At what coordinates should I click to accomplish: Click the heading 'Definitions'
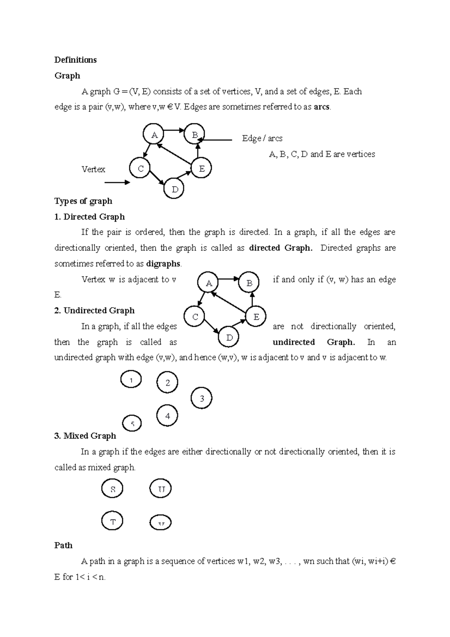[x=75, y=60]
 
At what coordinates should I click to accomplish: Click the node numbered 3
[x=202, y=398]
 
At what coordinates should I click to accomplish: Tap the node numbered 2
[x=167, y=382]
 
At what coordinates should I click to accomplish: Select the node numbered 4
[x=167, y=416]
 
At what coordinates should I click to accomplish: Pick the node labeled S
[x=112, y=489]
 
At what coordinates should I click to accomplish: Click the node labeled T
[x=112, y=521]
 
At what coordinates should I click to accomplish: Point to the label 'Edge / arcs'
[x=262, y=138]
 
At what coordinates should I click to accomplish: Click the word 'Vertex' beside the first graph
[x=93, y=169]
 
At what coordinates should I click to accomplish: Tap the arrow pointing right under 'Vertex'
[x=117, y=183]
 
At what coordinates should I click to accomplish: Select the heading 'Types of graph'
[x=83, y=201]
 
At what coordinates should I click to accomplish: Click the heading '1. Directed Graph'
[x=89, y=217]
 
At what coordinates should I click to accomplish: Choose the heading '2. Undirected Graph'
[x=94, y=311]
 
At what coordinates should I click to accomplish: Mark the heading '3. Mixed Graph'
[x=85, y=436]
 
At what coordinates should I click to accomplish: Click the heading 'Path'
[x=63, y=545]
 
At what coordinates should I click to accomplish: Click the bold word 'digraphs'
[x=163, y=264]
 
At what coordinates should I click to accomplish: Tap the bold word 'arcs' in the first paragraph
[x=322, y=107]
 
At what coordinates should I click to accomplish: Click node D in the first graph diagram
[x=175, y=189]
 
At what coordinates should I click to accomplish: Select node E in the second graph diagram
[x=256, y=317]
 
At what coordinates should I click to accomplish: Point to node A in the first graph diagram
[x=154, y=135]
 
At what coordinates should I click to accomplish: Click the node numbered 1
[x=131, y=380]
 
